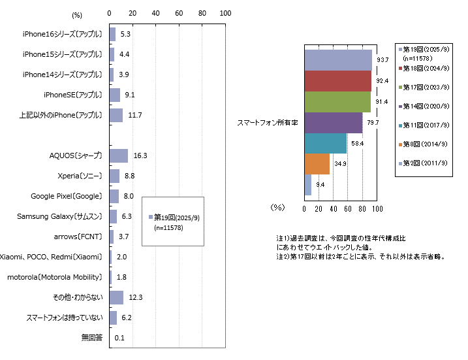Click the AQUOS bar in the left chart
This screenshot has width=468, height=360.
[x=119, y=155]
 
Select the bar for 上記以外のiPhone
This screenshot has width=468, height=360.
[x=116, y=115]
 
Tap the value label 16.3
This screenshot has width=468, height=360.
[x=140, y=155]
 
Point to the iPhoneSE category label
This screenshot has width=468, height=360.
[x=74, y=95]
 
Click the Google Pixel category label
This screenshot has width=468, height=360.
[x=67, y=196]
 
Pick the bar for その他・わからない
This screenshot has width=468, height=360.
[x=116, y=297]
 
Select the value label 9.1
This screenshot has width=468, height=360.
[x=130, y=95]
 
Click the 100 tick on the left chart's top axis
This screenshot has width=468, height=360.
[x=225, y=13]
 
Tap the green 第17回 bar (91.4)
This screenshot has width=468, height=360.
[x=337, y=102]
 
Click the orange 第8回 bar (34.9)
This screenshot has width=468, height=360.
[x=317, y=164]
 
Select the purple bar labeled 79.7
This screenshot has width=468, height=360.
[x=334, y=123]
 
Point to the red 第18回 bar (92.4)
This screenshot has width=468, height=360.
[x=338, y=81]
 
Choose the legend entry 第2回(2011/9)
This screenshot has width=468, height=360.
[x=425, y=163]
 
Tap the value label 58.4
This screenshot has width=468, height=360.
[x=356, y=143]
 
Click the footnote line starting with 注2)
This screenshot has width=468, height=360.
[x=360, y=257]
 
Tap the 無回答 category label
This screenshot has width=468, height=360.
[x=91, y=338]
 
